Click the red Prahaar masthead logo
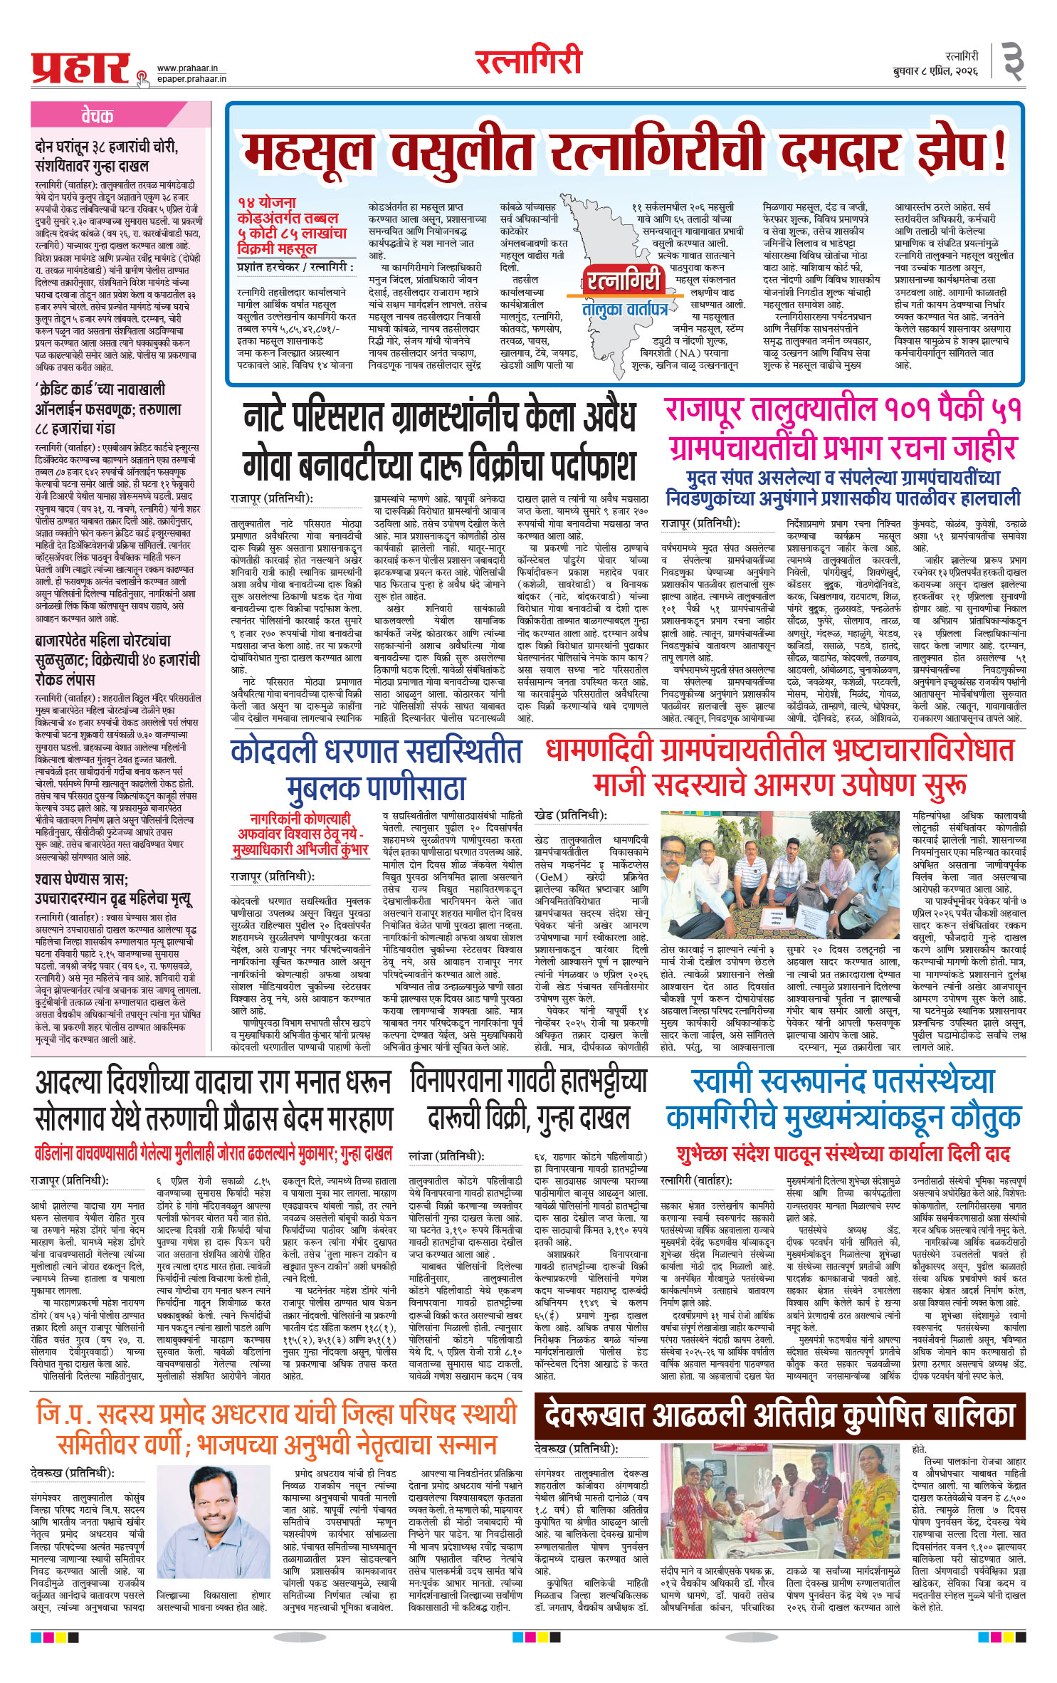(80, 68)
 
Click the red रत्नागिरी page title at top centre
(529, 61)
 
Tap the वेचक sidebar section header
(97, 117)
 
